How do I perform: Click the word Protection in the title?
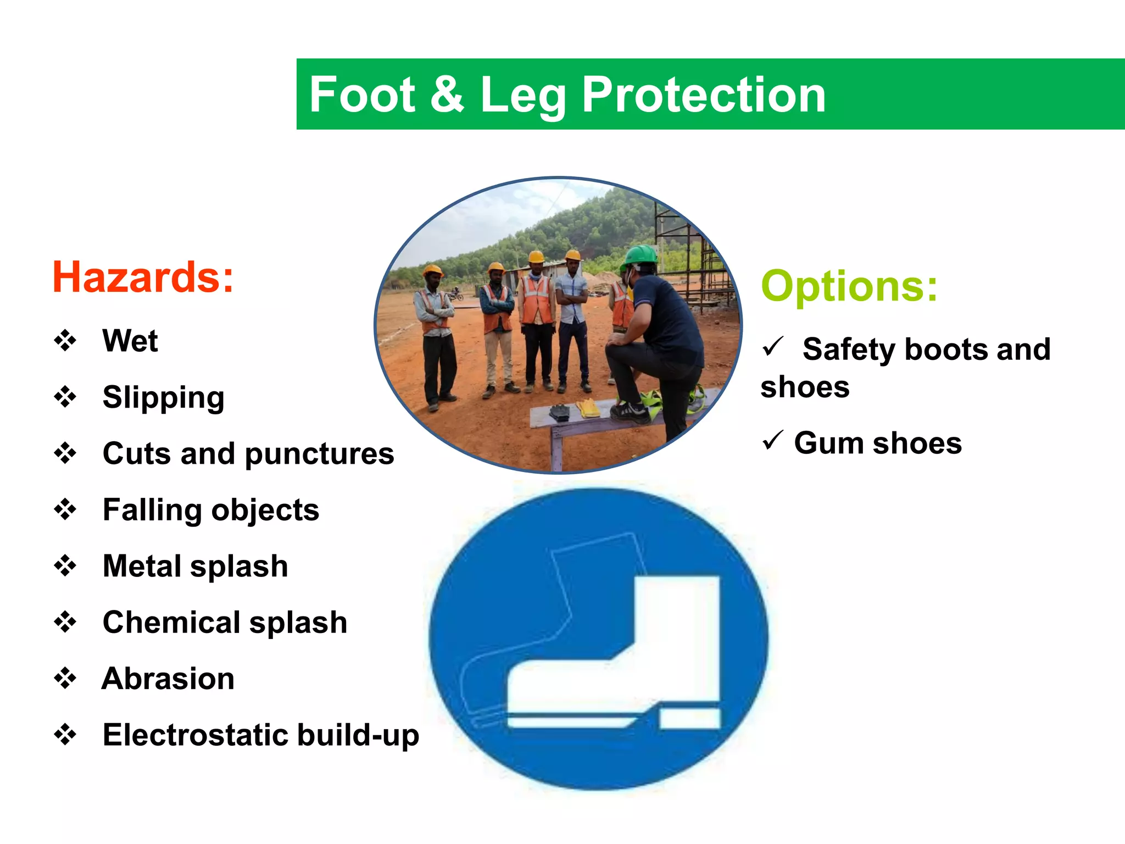703,95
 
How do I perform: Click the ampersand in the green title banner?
447,95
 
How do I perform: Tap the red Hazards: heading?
143,277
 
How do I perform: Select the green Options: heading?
849,286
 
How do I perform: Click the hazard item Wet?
130,341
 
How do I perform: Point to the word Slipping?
164,397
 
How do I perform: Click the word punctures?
319,454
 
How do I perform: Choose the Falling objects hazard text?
211,510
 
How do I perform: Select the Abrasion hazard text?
168,679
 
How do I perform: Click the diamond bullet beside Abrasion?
65,679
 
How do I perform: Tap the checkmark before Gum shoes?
772,440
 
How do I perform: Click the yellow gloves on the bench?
588,408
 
